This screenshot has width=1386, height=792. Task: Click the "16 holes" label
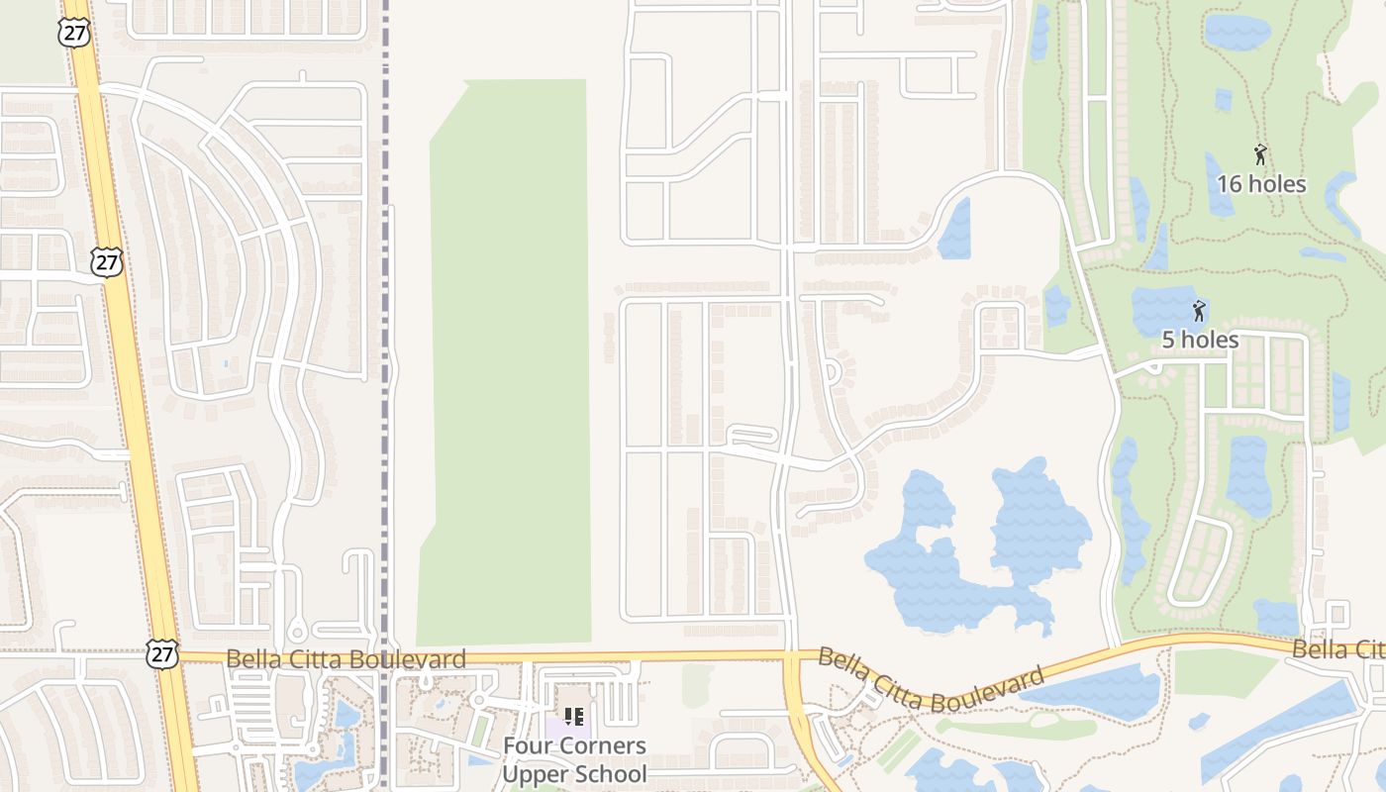pyautogui.click(x=1261, y=184)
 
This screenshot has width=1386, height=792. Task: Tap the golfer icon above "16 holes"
pyautogui.click(x=1260, y=155)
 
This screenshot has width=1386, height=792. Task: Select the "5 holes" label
pyautogui.click(x=1200, y=340)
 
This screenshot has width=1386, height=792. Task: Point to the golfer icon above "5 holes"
pyautogui.click(x=1199, y=311)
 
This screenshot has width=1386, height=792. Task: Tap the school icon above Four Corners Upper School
pyautogui.click(x=573, y=716)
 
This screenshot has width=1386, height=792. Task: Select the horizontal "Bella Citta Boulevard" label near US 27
pyautogui.click(x=346, y=659)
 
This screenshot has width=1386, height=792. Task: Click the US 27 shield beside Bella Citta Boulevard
pyautogui.click(x=162, y=653)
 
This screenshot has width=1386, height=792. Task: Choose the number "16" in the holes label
pyautogui.click(x=1230, y=184)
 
